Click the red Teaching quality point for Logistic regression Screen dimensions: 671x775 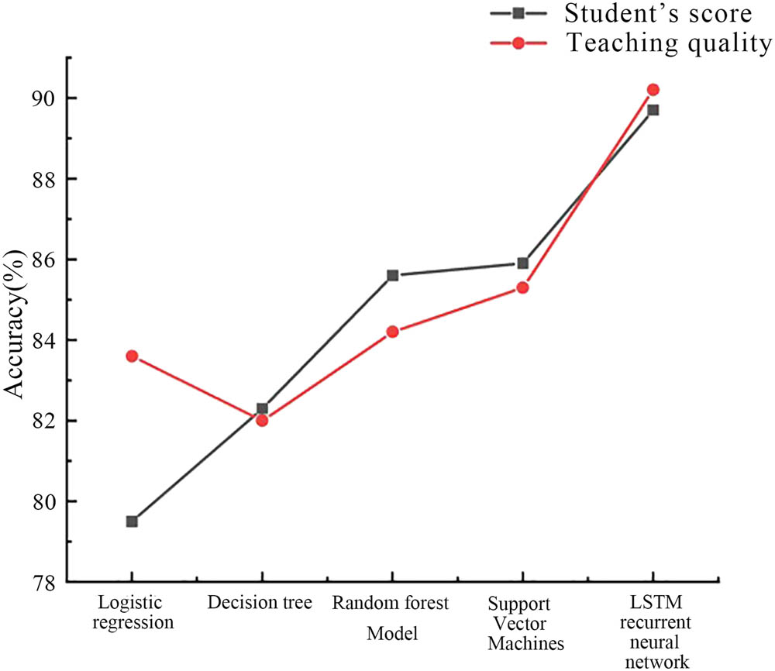(x=132, y=356)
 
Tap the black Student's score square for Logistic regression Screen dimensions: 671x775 (x=132, y=521)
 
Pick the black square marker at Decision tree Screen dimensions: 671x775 (x=262, y=408)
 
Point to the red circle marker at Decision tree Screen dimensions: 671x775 (x=262, y=421)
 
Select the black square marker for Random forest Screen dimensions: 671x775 (x=392, y=275)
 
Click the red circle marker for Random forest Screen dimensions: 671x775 (x=392, y=332)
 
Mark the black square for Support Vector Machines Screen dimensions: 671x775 (x=522, y=263)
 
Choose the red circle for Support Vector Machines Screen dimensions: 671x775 (x=522, y=287)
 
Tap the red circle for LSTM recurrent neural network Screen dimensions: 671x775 (x=653, y=90)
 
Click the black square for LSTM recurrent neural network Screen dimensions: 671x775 (x=653, y=110)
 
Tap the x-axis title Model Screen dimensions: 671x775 (x=392, y=634)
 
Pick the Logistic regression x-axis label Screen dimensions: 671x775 (x=131, y=612)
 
